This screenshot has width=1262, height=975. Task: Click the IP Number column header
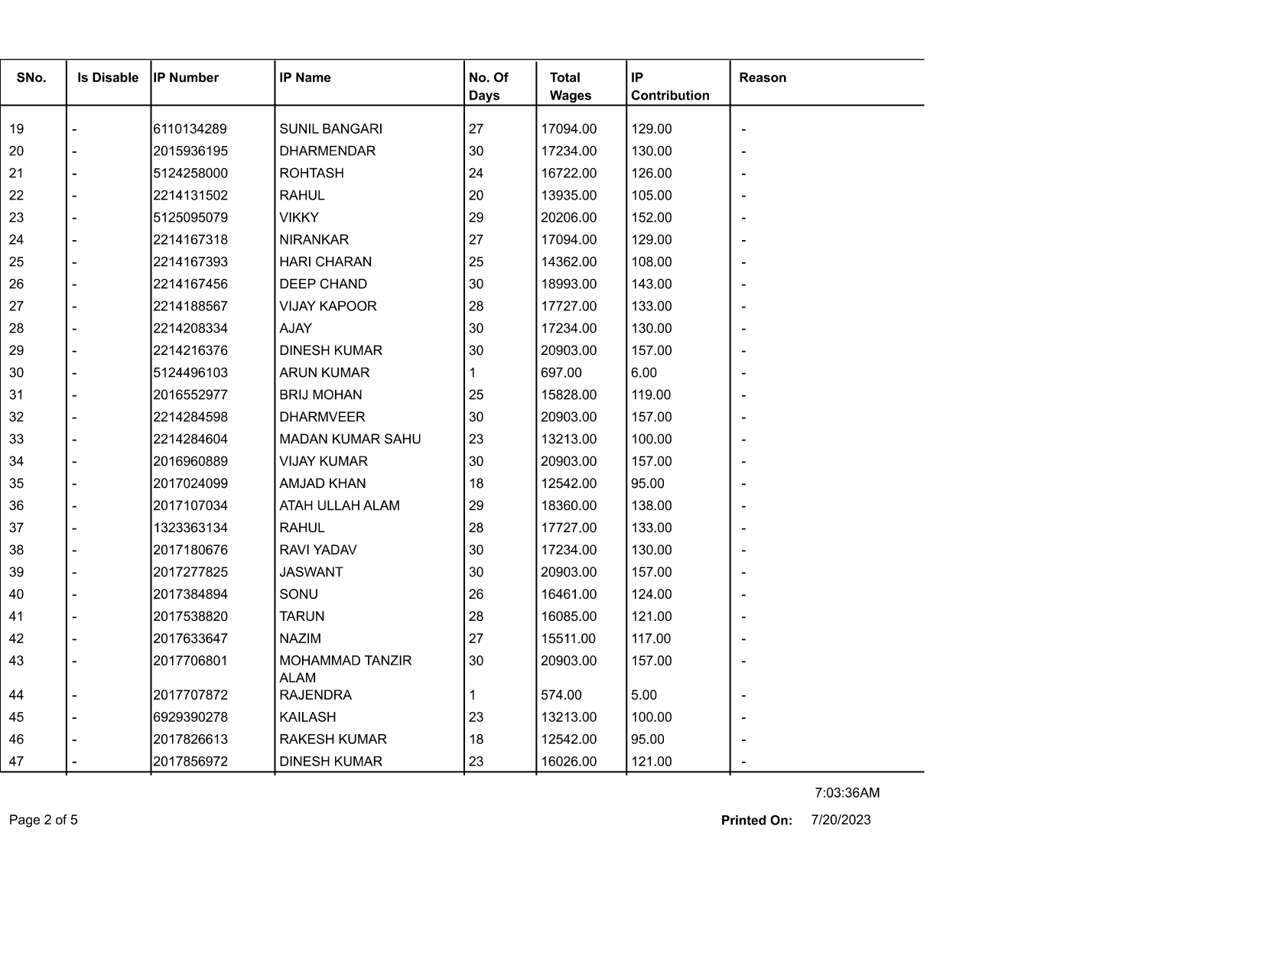tap(186, 77)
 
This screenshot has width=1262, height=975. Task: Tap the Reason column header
tap(763, 77)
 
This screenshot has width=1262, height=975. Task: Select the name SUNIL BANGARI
tap(330, 129)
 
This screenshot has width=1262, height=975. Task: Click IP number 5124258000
tap(190, 174)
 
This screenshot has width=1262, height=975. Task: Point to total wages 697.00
tap(561, 373)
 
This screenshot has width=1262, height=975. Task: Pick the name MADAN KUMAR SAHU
tap(350, 440)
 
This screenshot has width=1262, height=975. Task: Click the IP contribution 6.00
tap(644, 373)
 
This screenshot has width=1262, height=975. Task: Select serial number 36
tap(16, 506)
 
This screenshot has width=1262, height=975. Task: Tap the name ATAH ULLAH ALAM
tap(339, 506)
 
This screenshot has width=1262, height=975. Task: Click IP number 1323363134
tap(190, 528)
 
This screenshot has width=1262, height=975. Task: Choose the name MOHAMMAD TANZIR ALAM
tap(345, 669)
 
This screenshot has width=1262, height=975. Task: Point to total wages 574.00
tap(561, 695)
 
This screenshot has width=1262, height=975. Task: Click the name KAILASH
tap(307, 717)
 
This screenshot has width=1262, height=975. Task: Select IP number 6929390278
tap(190, 717)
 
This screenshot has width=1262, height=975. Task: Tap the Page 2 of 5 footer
tap(44, 821)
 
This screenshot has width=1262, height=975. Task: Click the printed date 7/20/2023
tap(841, 821)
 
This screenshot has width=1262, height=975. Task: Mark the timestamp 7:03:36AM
tap(847, 793)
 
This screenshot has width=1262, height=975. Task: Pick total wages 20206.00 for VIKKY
tap(568, 218)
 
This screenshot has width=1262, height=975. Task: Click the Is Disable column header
tap(108, 77)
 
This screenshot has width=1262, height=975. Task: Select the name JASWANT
tap(311, 573)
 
